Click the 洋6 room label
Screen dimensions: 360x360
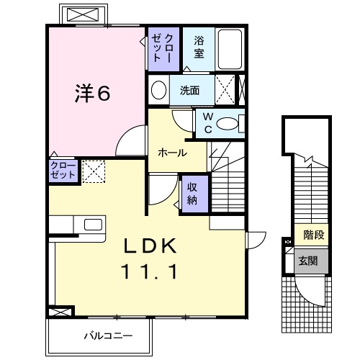click(x=94, y=94)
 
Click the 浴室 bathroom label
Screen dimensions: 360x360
click(x=199, y=47)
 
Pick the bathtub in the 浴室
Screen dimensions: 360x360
click(x=231, y=48)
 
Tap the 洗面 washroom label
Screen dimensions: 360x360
click(x=190, y=91)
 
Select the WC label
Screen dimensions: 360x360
click(x=207, y=122)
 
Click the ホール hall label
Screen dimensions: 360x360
click(x=173, y=153)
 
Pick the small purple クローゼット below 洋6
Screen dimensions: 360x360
click(x=61, y=171)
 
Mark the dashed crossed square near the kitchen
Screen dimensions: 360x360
click(x=93, y=171)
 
